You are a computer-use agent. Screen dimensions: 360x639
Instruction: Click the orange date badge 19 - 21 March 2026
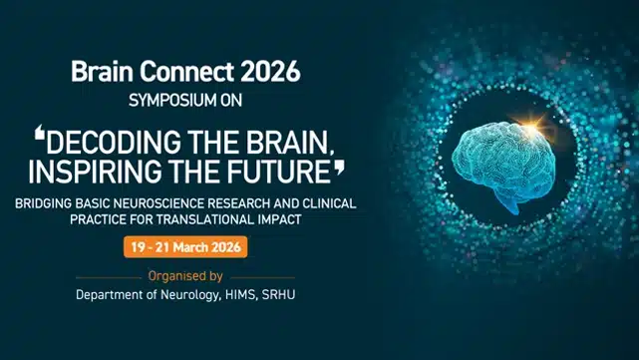pyautogui.click(x=184, y=246)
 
